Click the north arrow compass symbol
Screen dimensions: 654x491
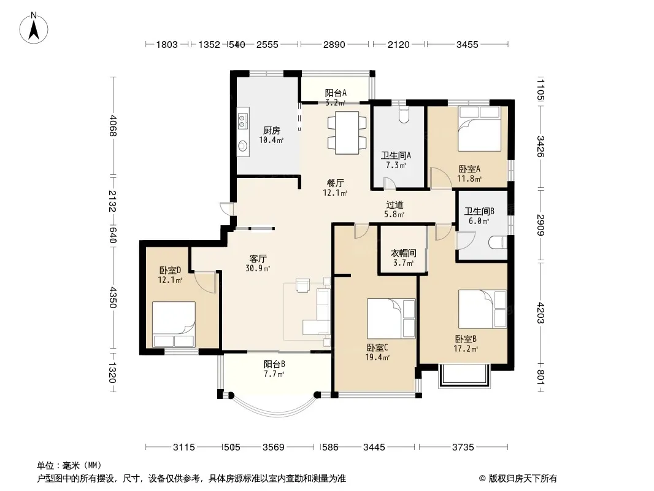click(x=34, y=28)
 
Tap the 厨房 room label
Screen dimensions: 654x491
click(x=272, y=130)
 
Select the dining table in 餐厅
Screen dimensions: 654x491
click(x=347, y=132)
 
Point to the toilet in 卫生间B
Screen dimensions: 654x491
click(x=498, y=242)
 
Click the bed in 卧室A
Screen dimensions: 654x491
click(x=479, y=129)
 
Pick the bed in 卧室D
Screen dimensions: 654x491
click(x=174, y=325)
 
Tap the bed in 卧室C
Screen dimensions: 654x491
click(x=391, y=319)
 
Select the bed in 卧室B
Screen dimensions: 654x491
click(x=483, y=309)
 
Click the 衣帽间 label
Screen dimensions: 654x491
click(x=403, y=253)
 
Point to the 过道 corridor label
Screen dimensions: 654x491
click(x=394, y=204)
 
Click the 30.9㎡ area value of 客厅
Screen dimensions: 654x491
click(x=258, y=268)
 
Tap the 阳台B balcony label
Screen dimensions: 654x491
click(x=274, y=364)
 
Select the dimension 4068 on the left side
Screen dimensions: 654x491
click(x=113, y=126)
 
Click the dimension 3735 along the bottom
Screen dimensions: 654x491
click(x=463, y=447)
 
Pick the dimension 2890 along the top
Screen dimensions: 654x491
click(x=334, y=44)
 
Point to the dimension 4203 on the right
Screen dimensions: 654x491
click(x=541, y=313)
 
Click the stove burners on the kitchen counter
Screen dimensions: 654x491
click(x=242, y=121)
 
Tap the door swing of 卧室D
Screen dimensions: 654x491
click(x=205, y=282)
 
